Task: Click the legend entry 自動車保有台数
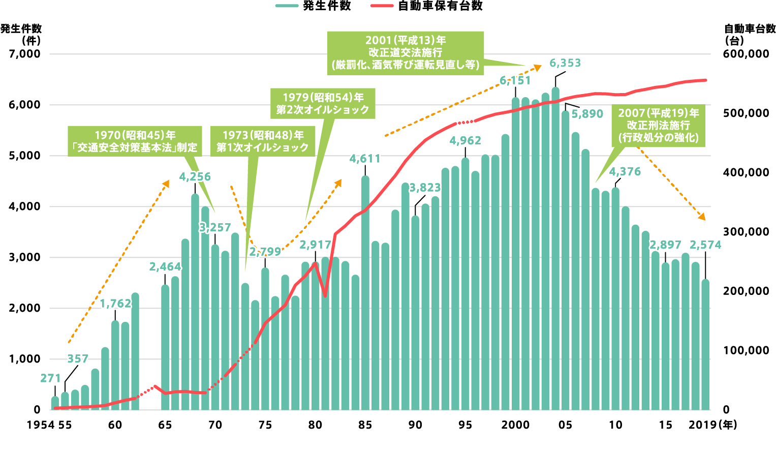pyautogui.click(x=427, y=7)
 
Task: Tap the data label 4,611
pyautogui.click(x=365, y=159)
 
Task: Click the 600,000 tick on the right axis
pyautogui.click(x=746, y=54)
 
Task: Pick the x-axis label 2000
pyautogui.click(x=515, y=425)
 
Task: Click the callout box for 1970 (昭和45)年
pyautogui.click(x=135, y=141)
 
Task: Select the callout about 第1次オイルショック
pyautogui.click(x=263, y=141)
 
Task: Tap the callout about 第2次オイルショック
pyautogui.click(x=323, y=104)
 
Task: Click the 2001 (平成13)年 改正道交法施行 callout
pyautogui.click(x=405, y=52)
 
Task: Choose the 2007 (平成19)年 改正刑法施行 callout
pyautogui.click(x=658, y=126)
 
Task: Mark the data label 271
pyautogui.click(x=50, y=378)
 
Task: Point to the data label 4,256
pyautogui.click(x=195, y=177)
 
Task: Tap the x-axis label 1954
pyautogui.click(x=41, y=425)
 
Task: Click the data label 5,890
pyautogui.click(x=587, y=114)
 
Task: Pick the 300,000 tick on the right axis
pyautogui.click(x=746, y=232)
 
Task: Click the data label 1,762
pyautogui.click(x=115, y=304)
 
